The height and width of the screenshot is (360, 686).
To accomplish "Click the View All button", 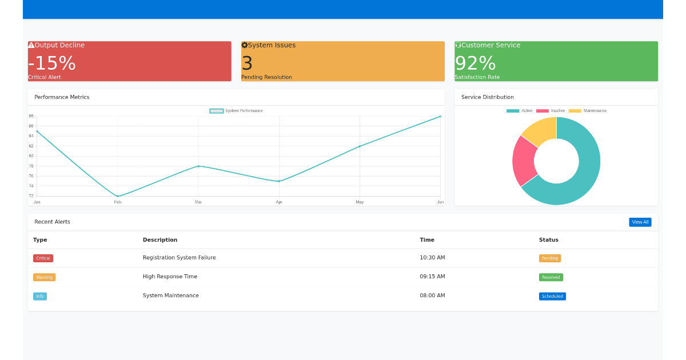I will [640, 222].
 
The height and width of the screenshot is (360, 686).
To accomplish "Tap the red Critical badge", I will [43, 258].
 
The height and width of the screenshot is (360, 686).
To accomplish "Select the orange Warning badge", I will [44, 277].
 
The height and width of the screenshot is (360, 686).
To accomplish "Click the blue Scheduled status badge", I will [552, 296].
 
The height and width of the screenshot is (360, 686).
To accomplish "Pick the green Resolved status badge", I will [551, 277].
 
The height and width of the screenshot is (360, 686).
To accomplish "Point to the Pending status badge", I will [549, 258].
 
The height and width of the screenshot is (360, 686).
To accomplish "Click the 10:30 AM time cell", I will [432, 258].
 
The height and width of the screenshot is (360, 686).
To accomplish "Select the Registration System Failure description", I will [179, 258].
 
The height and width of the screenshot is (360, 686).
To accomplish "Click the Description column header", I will [160, 240].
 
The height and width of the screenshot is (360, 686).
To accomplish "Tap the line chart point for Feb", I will [118, 196].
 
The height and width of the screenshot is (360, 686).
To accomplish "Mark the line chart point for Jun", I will [440, 117].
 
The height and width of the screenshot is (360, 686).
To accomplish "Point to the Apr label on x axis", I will [279, 202].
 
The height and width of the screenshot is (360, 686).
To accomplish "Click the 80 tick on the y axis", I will [31, 156].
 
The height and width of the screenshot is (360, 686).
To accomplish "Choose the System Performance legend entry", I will [236, 111].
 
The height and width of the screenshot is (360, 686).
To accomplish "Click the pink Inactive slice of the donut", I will [523, 161].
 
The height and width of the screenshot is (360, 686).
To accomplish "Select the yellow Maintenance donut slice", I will [539, 129].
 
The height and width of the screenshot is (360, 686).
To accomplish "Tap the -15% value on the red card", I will [52, 63].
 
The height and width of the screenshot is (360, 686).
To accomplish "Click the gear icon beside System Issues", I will [245, 45].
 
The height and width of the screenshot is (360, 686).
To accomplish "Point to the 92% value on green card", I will [475, 63].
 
